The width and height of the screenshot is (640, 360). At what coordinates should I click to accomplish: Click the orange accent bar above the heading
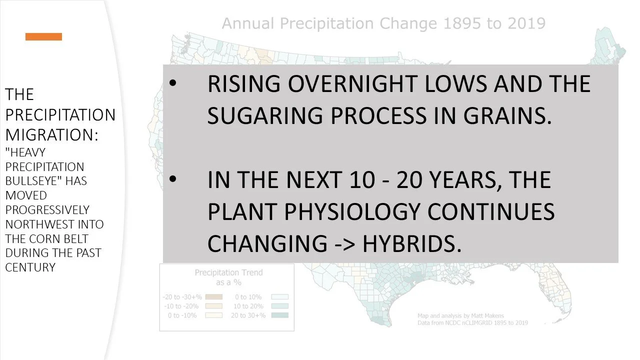44,36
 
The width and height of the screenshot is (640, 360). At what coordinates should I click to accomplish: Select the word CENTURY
30,267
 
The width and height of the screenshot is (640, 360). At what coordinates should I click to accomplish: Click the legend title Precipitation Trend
228,272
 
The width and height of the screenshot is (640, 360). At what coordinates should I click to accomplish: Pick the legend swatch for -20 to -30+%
213,296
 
